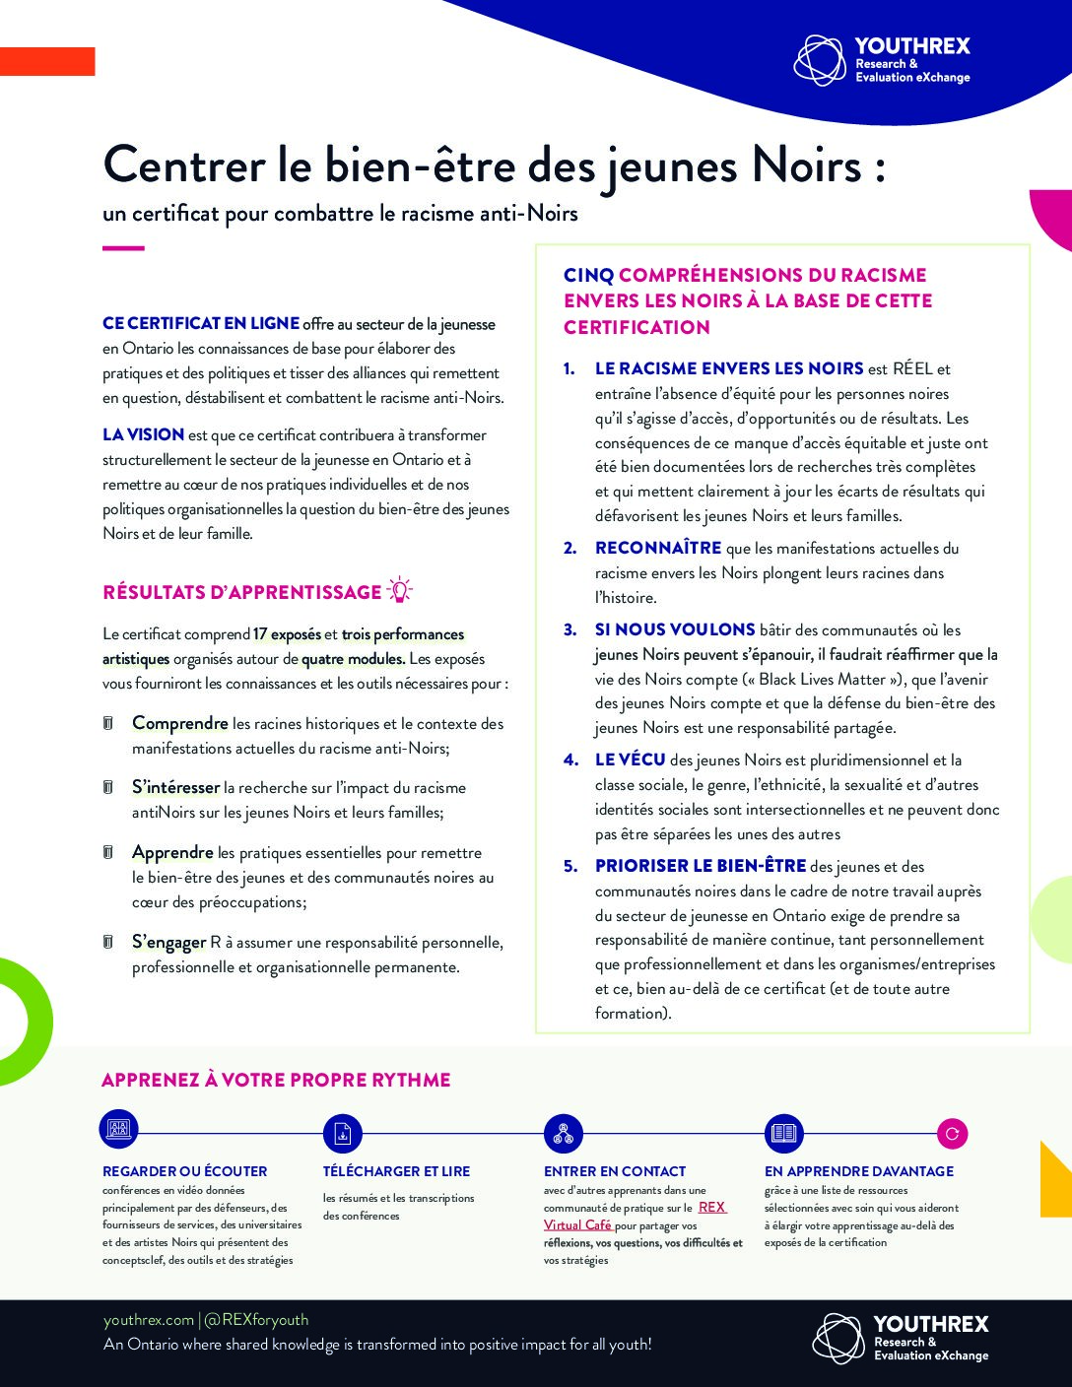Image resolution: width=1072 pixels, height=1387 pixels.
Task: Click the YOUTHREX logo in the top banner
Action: (882, 60)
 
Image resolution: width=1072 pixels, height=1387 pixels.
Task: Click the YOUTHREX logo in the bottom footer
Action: (900, 1339)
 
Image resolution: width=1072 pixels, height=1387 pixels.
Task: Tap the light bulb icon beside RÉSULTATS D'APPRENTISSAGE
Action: (399, 590)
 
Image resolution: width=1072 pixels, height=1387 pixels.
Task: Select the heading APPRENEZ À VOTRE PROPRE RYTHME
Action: (276, 1080)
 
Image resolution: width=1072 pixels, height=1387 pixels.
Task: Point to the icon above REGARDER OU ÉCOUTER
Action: (119, 1129)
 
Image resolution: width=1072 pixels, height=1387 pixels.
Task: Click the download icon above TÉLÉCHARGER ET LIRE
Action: (343, 1134)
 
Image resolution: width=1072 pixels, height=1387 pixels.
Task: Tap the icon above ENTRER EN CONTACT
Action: (564, 1134)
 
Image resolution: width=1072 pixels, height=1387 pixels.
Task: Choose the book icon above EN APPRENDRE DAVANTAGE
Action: (784, 1134)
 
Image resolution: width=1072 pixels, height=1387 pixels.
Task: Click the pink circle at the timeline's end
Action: (952, 1134)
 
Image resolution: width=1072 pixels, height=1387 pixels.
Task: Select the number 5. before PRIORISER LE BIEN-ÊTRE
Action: (570, 866)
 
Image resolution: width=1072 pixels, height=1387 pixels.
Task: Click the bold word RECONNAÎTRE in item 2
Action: (657, 549)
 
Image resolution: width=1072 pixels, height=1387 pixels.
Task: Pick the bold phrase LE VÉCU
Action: (630, 760)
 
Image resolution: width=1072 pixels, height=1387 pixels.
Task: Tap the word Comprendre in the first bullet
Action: (180, 723)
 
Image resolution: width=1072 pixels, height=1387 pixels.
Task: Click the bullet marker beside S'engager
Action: (108, 942)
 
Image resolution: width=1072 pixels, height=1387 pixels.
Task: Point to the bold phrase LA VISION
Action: (143, 434)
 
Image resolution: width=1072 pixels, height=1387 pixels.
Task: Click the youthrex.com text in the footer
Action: (149, 1320)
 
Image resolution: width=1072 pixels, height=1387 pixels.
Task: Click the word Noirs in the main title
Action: (807, 165)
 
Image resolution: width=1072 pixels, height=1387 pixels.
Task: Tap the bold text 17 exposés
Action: (287, 634)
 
